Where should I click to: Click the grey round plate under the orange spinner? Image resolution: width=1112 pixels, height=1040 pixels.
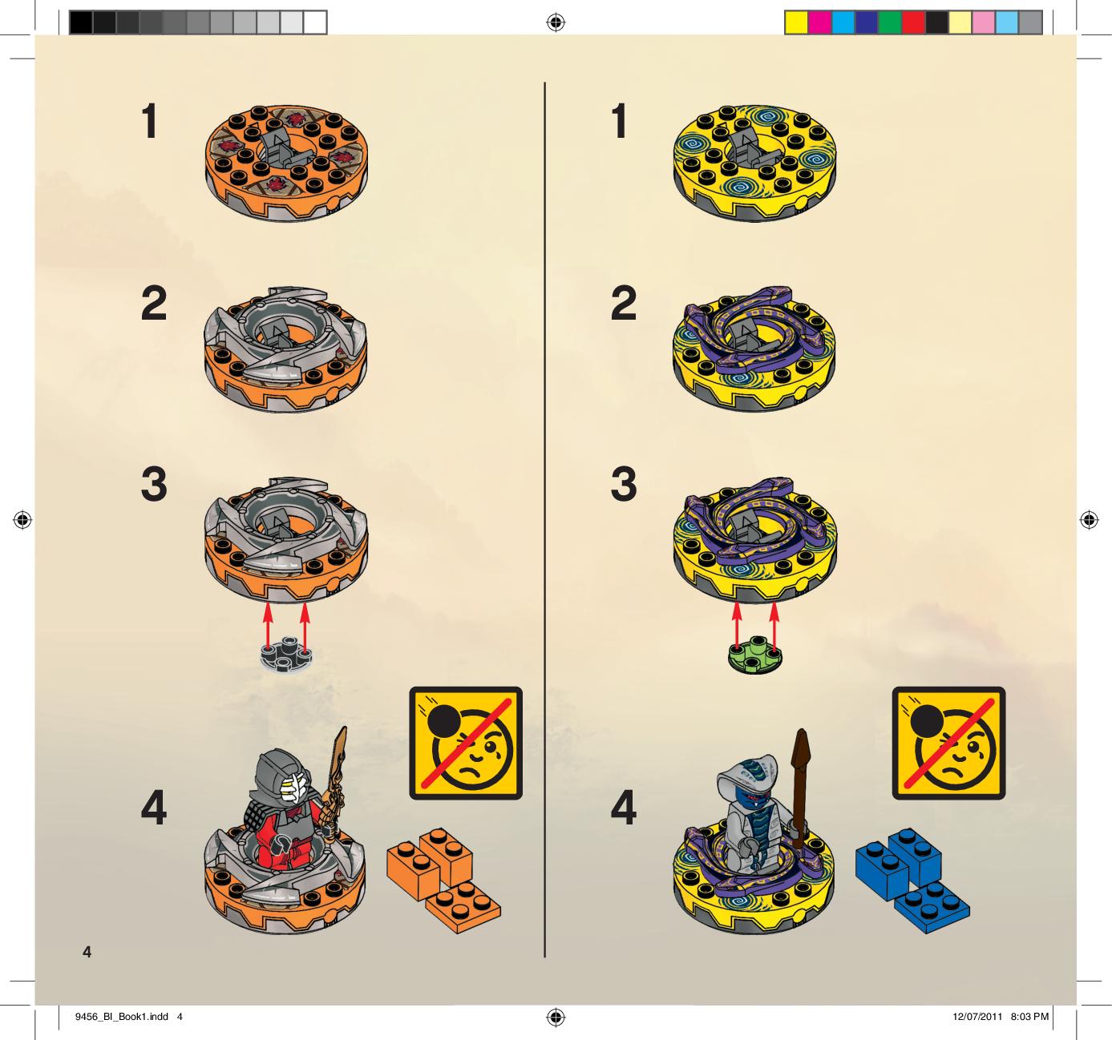(x=287, y=654)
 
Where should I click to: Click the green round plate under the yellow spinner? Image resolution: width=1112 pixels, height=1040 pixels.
(x=754, y=654)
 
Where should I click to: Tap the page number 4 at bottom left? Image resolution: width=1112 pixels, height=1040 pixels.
(x=87, y=952)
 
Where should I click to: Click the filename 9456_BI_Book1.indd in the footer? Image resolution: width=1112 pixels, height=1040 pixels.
(x=122, y=1017)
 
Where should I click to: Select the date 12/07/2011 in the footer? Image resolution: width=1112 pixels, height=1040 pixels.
(x=977, y=1017)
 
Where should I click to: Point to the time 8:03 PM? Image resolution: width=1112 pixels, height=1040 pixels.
(x=1029, y=1017)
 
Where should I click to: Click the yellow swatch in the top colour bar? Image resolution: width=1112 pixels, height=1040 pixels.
(x=795, y=23)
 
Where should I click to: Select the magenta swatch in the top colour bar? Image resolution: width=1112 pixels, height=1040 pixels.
(x=819, y=23)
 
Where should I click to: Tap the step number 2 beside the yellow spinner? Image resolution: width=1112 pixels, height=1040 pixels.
(x=624, y=303)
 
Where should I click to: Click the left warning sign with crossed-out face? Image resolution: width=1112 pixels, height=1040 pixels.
(x=466, y=743)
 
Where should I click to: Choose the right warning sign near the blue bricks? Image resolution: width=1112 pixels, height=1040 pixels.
(x=948, y=743)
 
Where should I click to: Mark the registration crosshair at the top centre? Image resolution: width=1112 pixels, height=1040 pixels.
(x=556, y=23)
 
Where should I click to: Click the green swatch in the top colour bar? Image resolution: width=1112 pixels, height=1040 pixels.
(x=889, y=23)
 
